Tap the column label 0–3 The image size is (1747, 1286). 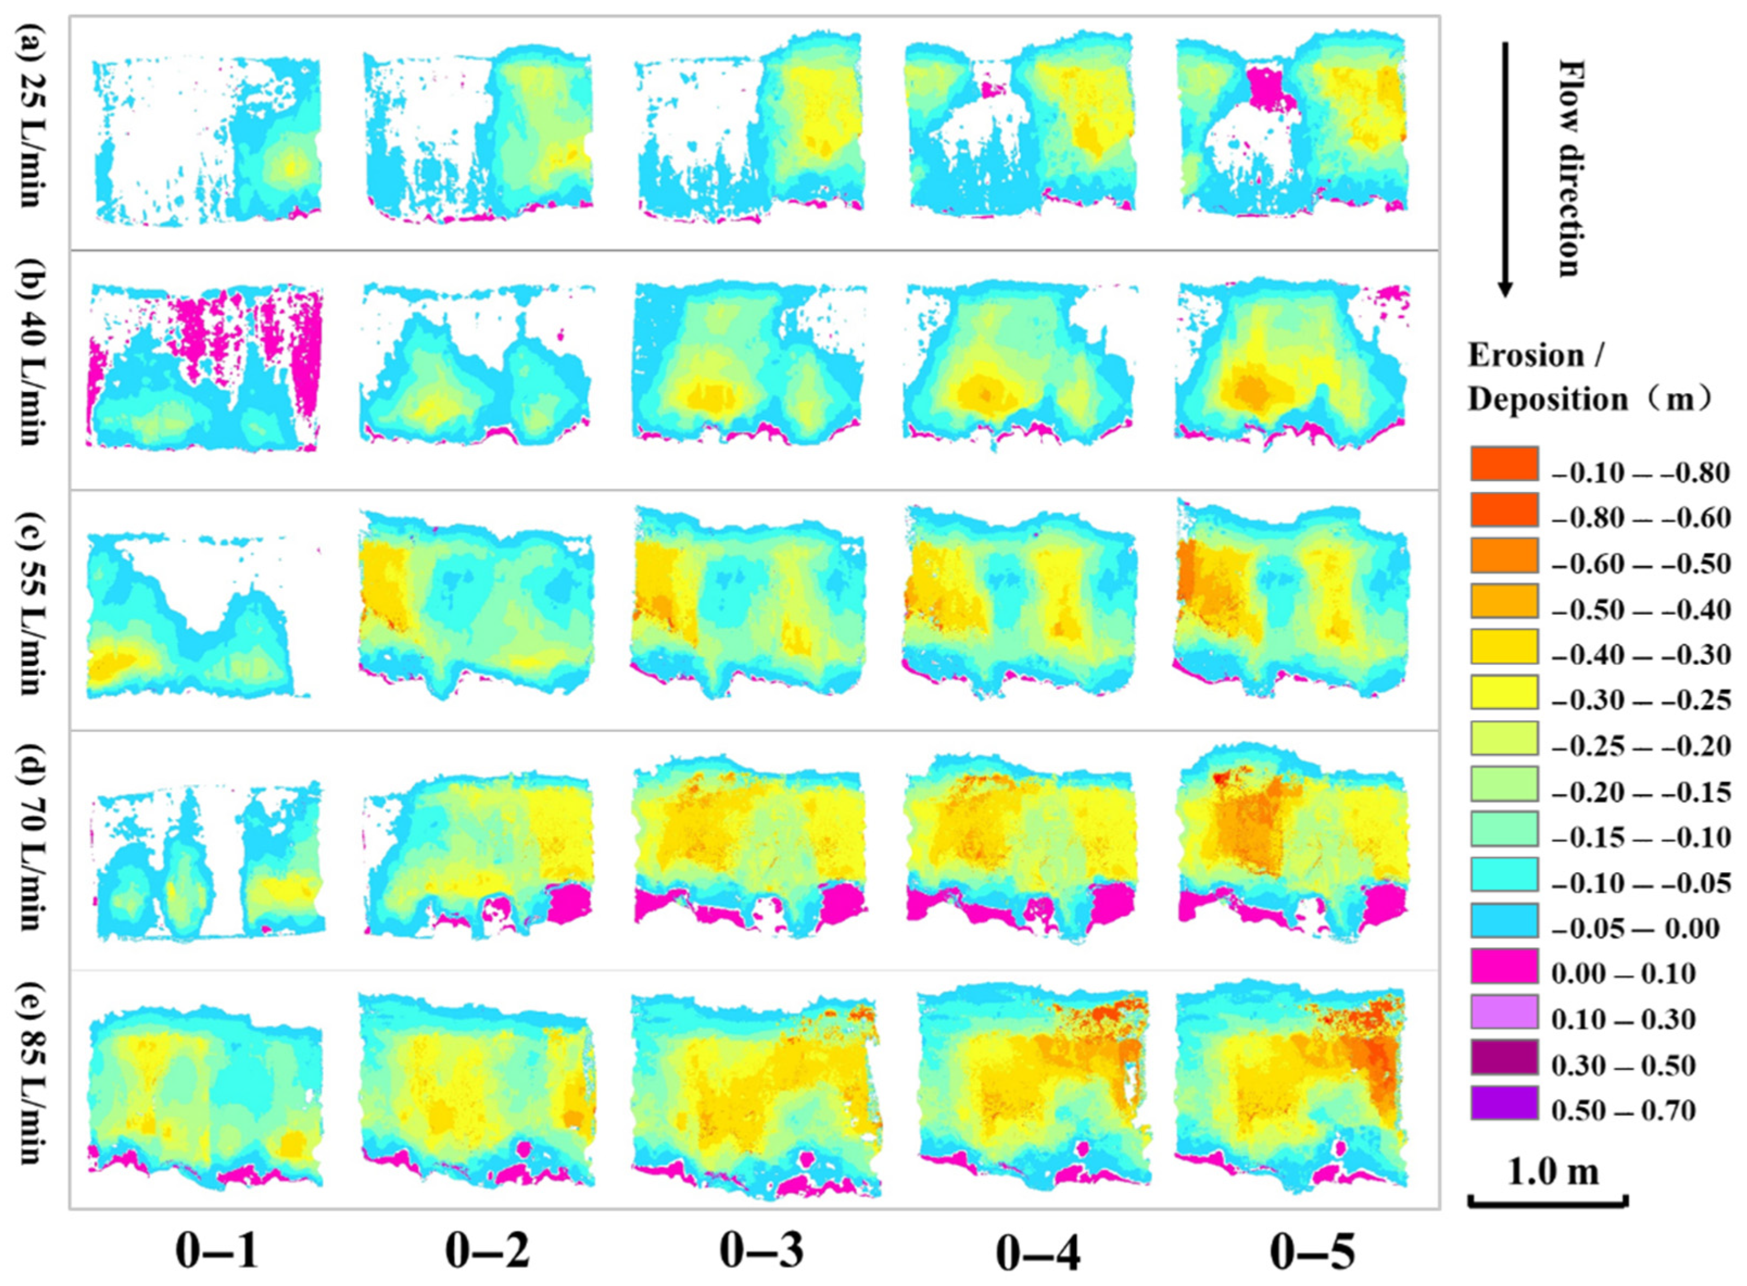(x=760, y=1252)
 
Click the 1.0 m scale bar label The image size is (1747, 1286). (x=1552, y=1193)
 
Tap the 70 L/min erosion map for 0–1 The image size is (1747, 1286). (x=206, y=860)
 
